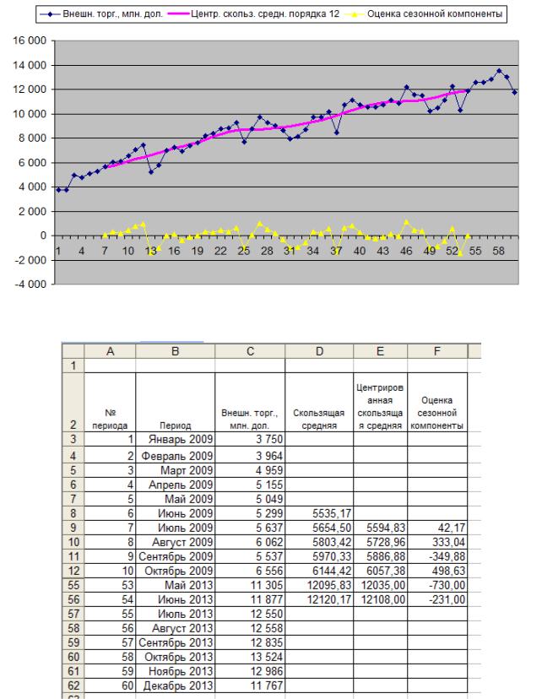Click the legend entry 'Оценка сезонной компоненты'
(435, 14)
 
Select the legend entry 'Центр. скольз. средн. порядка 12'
(265, 14)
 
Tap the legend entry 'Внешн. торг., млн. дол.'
(113, 14)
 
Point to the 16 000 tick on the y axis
(30, 41)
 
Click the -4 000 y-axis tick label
(30, 284)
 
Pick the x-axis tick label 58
(498, 251)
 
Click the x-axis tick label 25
(243, 251)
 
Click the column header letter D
(319, 351)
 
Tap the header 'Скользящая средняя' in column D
(318, 419)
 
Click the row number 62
(73, 685)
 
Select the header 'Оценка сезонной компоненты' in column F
(436, 413)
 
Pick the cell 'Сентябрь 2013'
(175, 642)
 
